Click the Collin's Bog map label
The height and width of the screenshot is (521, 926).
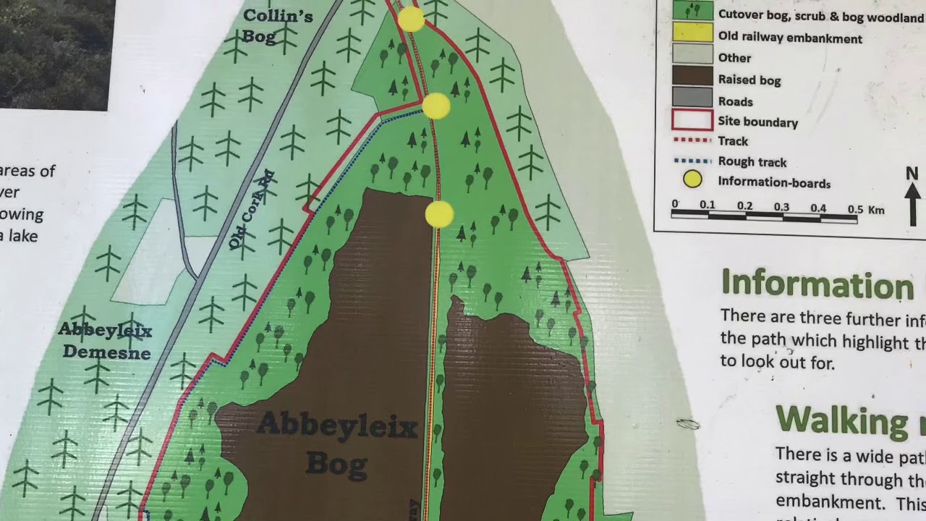tap(277, 26)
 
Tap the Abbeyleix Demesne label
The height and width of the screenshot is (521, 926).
tap(106, 341)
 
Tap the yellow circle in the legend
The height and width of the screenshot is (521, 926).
tap(692, 179)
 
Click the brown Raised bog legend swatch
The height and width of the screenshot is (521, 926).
tap(692, 75)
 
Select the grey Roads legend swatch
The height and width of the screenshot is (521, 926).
tap(692, 97)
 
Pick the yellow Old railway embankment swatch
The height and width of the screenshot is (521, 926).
tap(692, 33)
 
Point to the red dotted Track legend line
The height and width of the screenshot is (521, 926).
tap(692, 140)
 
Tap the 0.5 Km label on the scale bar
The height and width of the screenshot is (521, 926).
tap(866, 210)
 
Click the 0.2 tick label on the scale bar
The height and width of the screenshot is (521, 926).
tap(744, 206)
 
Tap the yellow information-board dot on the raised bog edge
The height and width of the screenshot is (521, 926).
tap(439, 214)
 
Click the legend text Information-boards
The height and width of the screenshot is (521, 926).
tap(774, 183)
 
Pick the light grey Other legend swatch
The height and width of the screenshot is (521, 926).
tap(692, 54)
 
